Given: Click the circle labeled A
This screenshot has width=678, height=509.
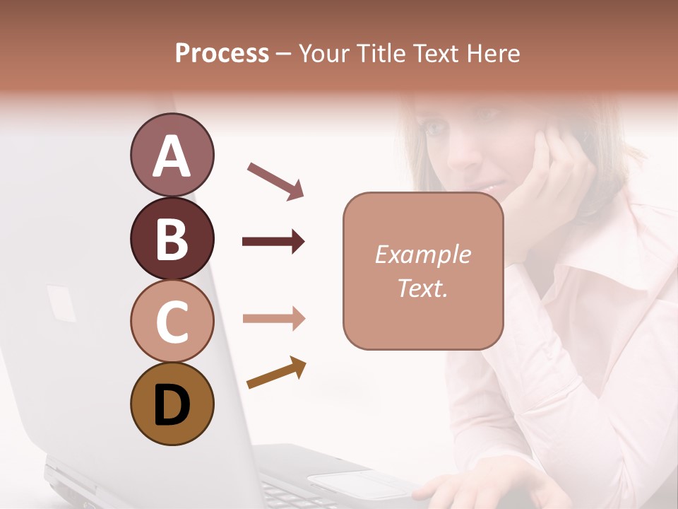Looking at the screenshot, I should pos(172,155).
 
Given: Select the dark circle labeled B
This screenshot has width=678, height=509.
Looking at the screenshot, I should pos(172,238).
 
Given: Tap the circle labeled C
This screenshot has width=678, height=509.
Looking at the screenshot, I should pos(172,322).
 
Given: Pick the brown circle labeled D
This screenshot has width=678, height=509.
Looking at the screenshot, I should pos(172,404).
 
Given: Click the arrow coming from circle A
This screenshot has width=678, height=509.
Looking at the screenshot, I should pos(275,180).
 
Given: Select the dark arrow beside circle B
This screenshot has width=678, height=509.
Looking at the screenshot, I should pos(273,242).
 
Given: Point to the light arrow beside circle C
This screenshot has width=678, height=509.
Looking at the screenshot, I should pos(273,319).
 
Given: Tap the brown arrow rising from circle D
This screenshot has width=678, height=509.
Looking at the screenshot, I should pos(276,373).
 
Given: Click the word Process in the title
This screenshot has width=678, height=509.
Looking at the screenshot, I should pos(222,54).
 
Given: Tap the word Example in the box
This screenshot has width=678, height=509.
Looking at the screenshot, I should pos(422,255).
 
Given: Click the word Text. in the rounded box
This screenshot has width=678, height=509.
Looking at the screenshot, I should pos(422,288).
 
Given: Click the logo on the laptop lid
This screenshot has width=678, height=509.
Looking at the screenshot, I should pos(61,303).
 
